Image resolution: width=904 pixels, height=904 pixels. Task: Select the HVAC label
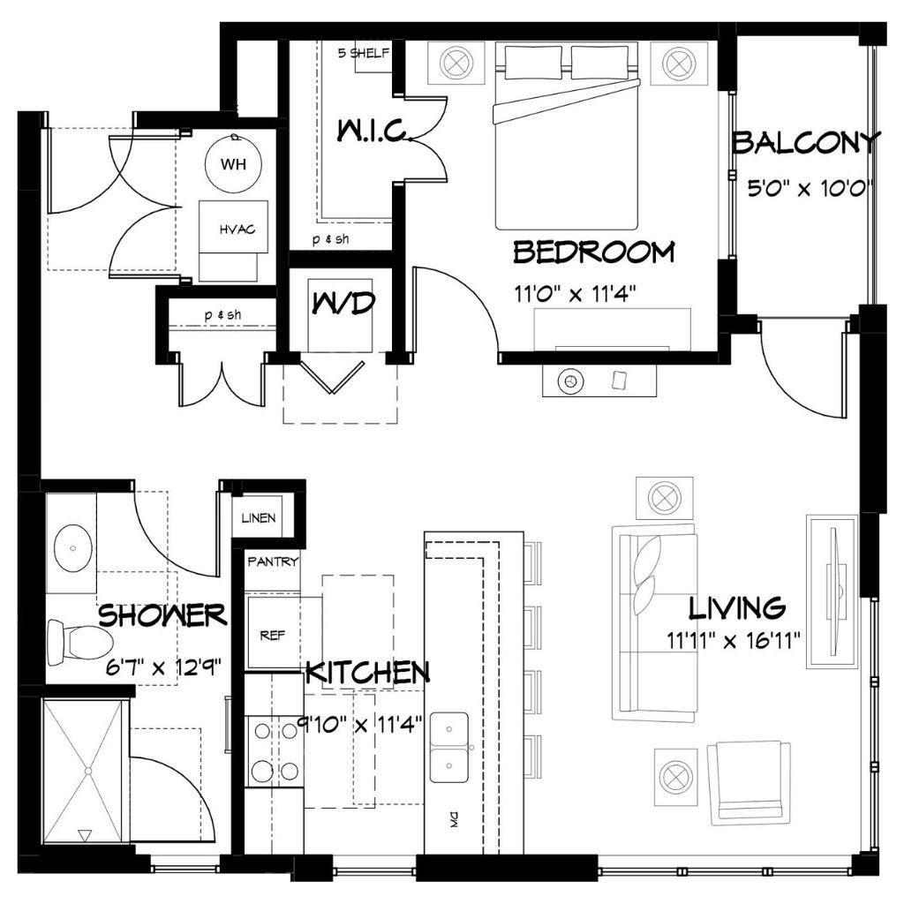click(x=237, y=230)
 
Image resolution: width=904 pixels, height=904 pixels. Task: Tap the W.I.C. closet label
click(x=373, y=131)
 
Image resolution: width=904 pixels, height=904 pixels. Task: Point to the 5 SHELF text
click(x=363, y=53)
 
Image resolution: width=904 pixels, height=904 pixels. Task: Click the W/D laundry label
click(x=343, y=303)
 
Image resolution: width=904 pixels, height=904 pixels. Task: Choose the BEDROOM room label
click(x=594, y=252)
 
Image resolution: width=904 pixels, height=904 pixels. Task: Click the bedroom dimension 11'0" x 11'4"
click(x=575, y=295)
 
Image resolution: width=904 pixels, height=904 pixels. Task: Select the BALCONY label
click(x=807, y=142)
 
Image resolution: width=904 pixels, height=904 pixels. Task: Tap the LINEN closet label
click(x=259, y=517)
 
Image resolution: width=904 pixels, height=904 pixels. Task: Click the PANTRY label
click(x=273, y=561)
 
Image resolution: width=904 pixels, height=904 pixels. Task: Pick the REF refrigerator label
click(x=272, y=636)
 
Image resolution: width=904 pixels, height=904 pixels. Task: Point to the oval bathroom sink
click(x=73, y=547)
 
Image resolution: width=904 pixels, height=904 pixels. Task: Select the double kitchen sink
click(x=449, y=748)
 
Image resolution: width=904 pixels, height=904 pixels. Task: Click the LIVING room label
click(x=737, y=607)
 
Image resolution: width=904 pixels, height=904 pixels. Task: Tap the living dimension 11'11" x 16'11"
click(x=734, y=640)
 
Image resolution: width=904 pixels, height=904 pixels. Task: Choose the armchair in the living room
click(x=749, y=783)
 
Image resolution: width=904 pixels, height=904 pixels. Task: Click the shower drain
click(x=88, y=771)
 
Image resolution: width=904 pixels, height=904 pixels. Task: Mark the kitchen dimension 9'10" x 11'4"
click(x=360, y=724)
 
